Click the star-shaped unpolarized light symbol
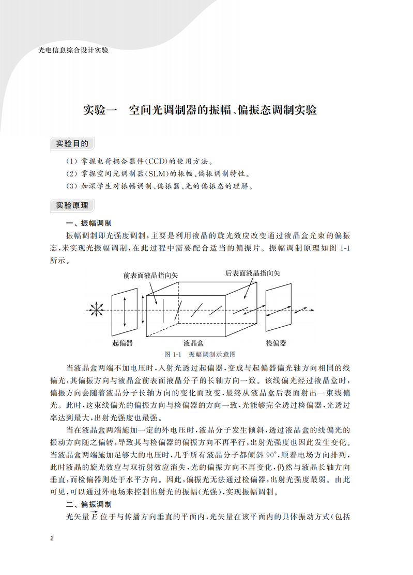(95, 309)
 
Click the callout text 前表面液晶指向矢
(150, 276)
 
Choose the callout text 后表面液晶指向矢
(253, 273)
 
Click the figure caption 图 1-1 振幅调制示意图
(200, 355)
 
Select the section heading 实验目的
(72, 143)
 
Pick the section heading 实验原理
(72, 205)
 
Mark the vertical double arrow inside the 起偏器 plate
(123, 310)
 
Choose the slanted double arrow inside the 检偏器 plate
(279, 310)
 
